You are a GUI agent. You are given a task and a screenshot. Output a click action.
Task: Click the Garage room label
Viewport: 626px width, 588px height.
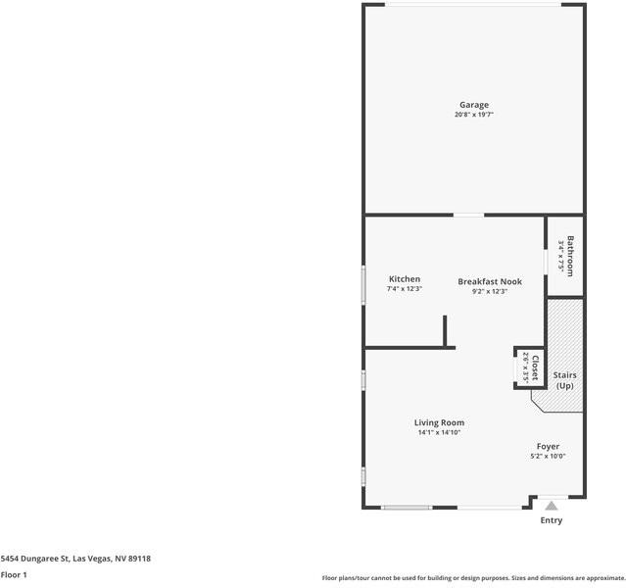click(474, 105)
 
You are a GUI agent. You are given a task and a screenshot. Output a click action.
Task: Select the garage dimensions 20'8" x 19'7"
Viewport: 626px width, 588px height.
click(474, 116)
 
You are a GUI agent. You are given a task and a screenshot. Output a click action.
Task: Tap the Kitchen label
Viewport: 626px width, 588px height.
click(405, 279)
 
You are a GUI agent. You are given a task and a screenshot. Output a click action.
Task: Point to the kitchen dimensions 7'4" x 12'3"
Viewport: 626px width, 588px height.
click(405, 290)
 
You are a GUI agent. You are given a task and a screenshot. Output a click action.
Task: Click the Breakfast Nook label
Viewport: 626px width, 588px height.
click(490, 281)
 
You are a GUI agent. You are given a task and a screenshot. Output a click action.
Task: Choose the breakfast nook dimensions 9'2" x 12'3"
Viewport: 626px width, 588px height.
click(490, 291)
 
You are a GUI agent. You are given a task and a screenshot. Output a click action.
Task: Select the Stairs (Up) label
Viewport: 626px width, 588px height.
click(564, 380)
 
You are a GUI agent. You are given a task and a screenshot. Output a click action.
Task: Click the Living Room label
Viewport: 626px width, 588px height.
click(439, 422)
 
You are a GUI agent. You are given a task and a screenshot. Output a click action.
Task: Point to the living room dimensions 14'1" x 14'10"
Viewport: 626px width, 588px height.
click(439, 433)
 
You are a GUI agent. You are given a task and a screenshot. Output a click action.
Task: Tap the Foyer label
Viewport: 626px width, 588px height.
click(548, 446)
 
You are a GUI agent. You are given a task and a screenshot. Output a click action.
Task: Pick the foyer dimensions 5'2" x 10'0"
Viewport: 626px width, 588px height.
click(548, 457)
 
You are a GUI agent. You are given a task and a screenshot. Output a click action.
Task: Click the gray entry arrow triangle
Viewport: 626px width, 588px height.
click(552, 506)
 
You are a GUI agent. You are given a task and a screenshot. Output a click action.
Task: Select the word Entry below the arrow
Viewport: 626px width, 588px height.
click(552, 520)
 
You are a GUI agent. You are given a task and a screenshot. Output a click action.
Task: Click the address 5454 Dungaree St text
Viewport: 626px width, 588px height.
click(75, 559)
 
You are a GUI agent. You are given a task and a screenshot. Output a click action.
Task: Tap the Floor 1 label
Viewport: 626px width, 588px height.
click(14, 574)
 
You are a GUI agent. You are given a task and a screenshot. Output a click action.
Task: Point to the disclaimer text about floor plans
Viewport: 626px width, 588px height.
click(473, 578)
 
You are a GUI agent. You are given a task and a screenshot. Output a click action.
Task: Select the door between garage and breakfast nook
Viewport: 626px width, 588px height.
click(468, 215)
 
